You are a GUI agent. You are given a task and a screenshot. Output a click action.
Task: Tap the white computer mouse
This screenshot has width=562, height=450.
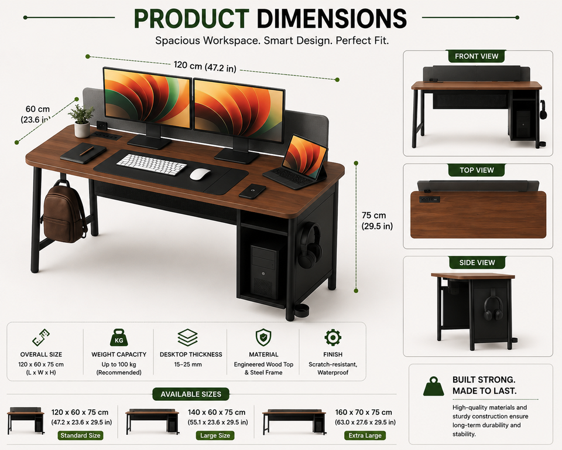200,174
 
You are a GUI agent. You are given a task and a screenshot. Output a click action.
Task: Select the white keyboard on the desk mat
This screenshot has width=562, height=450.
151,165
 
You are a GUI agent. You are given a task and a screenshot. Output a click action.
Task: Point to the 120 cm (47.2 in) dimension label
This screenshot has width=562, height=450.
205,66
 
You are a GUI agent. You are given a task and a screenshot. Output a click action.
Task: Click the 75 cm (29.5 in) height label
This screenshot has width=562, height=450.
377,220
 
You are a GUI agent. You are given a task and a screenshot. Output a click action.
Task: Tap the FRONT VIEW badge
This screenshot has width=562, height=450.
477,56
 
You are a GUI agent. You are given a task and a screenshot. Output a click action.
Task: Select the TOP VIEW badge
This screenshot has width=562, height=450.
477,170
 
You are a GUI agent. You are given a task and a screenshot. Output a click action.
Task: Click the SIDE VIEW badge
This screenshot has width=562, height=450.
477,262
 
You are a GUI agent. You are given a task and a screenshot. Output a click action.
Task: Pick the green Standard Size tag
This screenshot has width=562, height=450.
80,436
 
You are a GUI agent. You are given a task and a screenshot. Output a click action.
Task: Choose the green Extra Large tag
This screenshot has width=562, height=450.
365,436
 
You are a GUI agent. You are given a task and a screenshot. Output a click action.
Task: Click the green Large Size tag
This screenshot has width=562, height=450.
215,436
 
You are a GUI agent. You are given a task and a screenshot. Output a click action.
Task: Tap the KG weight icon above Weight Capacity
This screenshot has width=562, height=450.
119,337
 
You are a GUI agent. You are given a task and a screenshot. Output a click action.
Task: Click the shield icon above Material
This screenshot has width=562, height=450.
263,337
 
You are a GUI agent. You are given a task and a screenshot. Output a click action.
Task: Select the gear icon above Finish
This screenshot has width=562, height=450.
333,337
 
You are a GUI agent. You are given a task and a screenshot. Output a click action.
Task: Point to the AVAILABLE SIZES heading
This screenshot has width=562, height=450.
191,394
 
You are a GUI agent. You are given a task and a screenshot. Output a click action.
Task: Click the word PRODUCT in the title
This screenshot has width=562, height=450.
191,18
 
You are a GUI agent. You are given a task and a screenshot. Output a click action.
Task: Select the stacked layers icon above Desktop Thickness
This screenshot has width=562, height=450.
187,337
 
